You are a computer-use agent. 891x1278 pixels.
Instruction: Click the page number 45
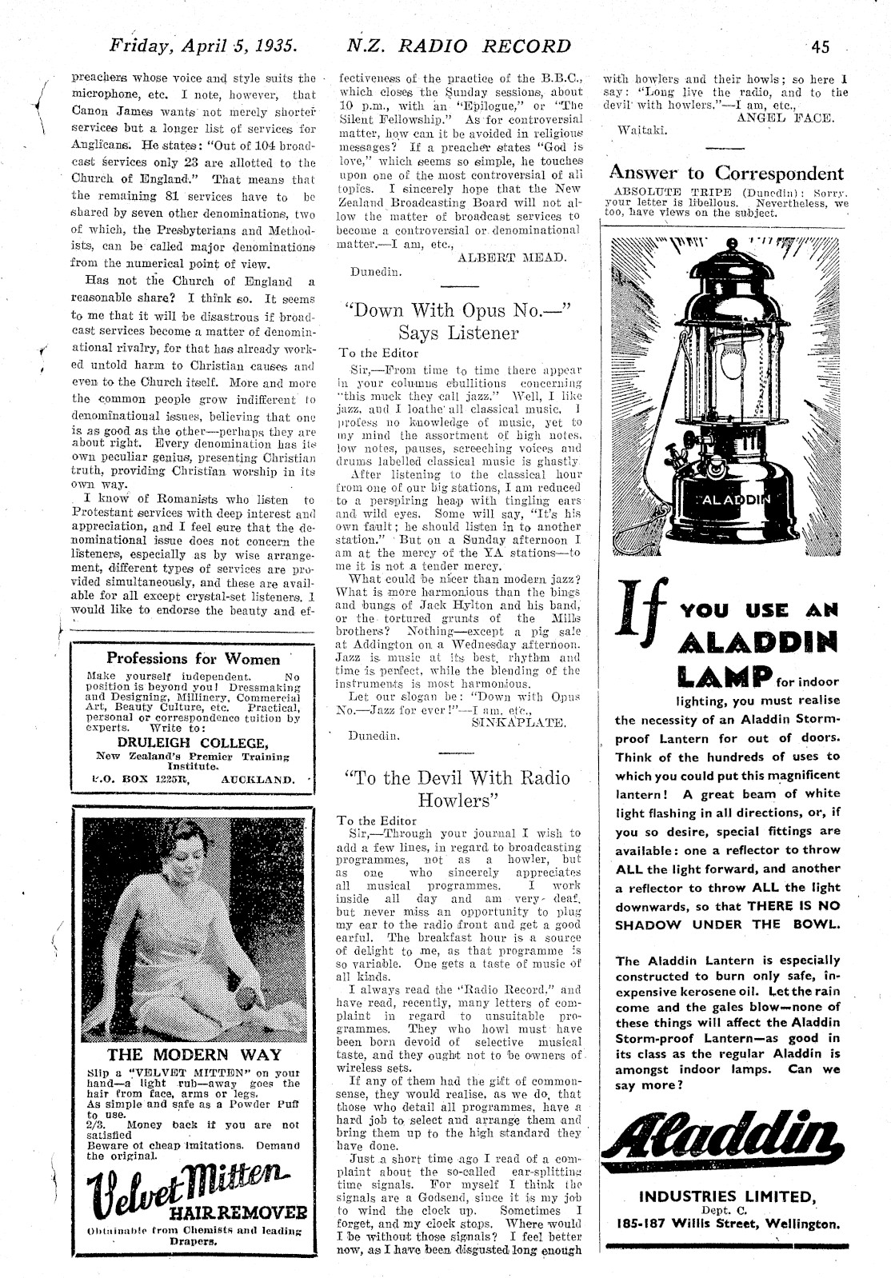click(819, 46)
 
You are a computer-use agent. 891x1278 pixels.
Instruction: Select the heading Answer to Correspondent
click(726, 173)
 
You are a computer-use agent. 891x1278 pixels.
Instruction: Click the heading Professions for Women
click(194, 659)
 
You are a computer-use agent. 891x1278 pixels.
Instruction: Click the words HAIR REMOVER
click(250, 1210)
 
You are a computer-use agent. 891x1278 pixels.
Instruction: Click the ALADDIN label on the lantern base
click(729, 499)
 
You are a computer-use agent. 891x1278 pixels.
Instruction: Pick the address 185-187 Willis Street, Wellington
click(728, 1224)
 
